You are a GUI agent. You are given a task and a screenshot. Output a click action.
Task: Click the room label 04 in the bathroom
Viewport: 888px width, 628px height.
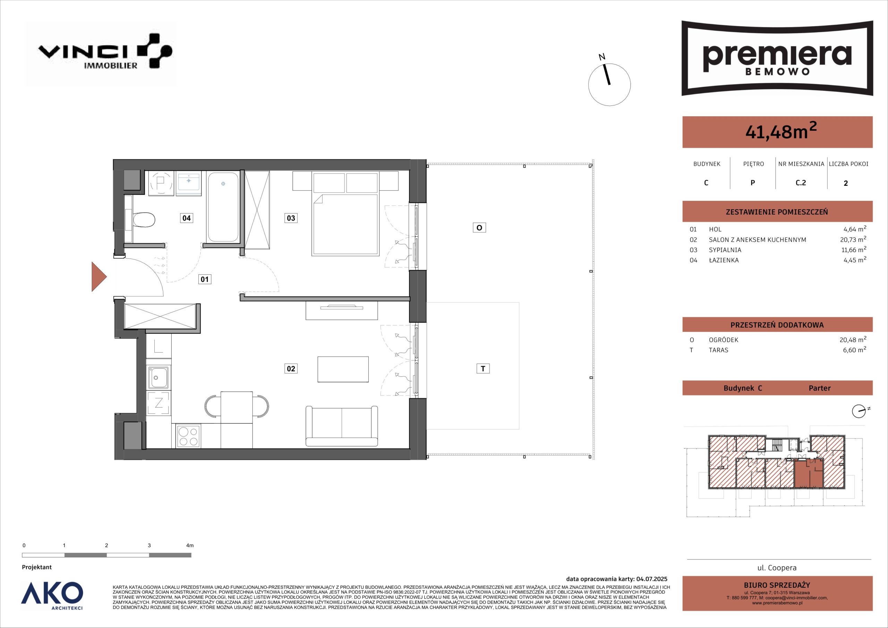coord(186,218)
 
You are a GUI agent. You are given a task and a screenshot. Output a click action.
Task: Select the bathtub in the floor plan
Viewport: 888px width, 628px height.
coord(223,207)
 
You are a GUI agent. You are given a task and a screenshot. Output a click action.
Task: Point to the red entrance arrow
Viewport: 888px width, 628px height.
coord(99,276)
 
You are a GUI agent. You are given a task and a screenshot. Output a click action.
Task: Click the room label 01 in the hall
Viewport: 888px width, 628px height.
coord(205,279)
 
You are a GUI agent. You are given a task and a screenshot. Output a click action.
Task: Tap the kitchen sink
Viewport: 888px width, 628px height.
coord(158,377)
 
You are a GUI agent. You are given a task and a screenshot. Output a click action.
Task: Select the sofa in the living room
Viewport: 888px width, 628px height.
coord(342,426)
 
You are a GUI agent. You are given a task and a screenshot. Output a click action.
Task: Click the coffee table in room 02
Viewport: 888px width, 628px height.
coord(343,369)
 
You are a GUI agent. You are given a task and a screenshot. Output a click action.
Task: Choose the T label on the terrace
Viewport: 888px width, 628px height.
coord(483,369)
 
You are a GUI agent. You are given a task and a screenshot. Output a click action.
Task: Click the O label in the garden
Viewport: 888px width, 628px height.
coord(479,227)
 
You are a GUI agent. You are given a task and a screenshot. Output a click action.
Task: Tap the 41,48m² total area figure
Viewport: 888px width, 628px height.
coord(781,131)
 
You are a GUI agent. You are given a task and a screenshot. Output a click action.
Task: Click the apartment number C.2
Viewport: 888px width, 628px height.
coord(801,182)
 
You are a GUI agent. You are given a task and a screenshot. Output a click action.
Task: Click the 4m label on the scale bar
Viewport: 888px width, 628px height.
coord(189,545)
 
